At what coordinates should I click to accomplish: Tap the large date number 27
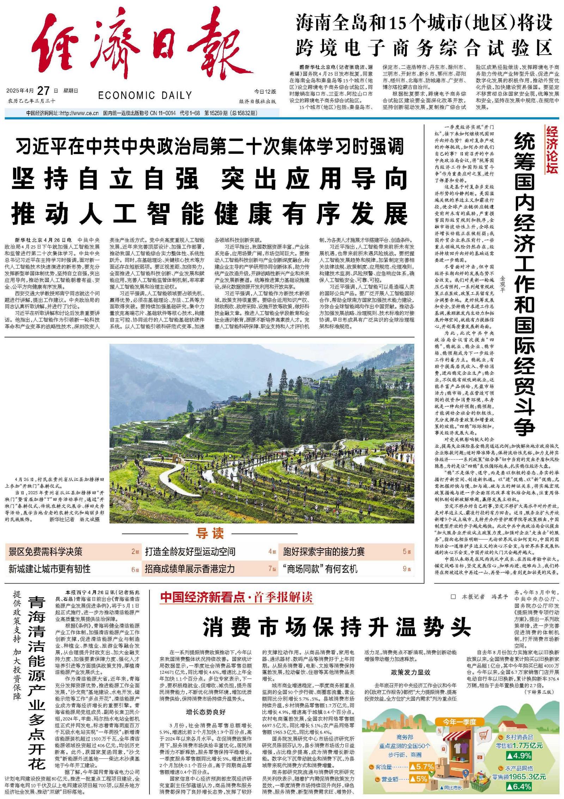point(43,91)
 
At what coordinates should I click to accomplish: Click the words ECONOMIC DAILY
point(145,95)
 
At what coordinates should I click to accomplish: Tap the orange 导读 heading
point(210,533)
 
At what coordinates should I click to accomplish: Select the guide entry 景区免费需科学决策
point(45,551)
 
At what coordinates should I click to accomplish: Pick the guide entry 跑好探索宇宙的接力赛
point(324,551)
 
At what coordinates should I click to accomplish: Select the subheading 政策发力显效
point(410,672)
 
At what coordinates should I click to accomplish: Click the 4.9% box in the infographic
point(520,755)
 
